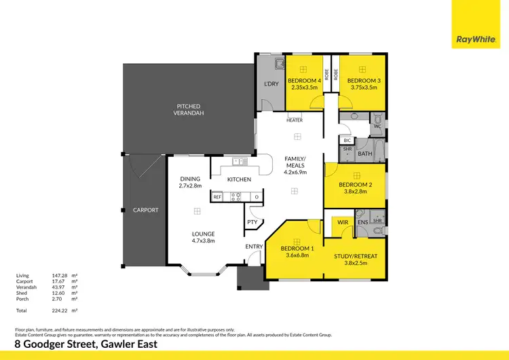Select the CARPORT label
145,210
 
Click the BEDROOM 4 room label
303,81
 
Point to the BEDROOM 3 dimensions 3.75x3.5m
362,87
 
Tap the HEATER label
294,120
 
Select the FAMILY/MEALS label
295,162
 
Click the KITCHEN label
239,179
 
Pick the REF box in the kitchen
218,196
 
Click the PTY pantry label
252,221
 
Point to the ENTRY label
254,247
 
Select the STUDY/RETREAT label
355,256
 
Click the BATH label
365,154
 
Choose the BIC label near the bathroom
347,141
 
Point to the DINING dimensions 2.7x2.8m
190,185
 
